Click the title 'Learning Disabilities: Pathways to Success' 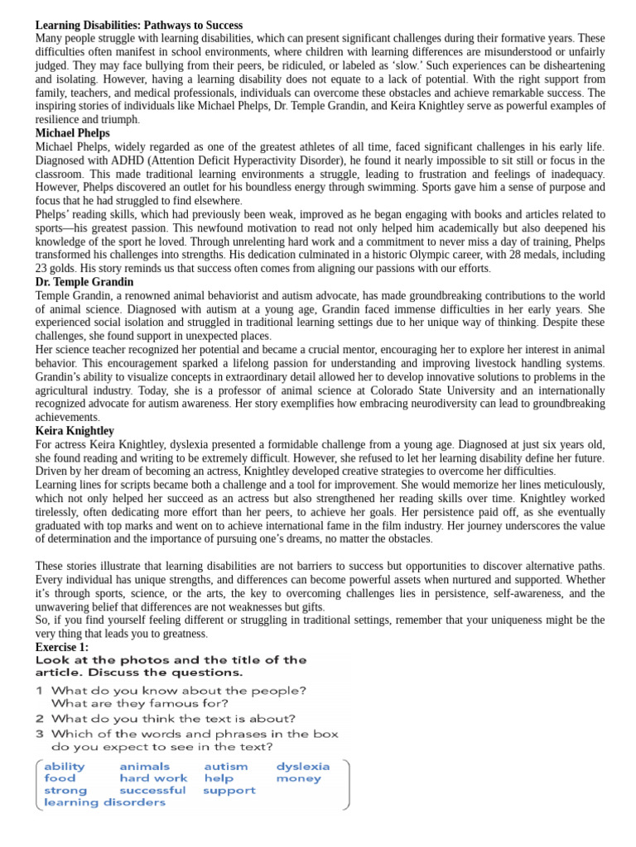tap(139, 26)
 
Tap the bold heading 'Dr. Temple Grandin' tap(84, 282)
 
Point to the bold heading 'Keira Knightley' tap(75, 431)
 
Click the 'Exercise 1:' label tap(62, 647)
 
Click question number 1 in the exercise tap(39, 691)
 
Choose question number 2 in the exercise tap(39, 719)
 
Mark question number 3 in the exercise tap(39, 733)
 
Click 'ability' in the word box tap(64, 767)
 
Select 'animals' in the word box tap(144, 767)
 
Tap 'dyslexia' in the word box tap(302, 767)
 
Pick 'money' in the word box tap(298, 778)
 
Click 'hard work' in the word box tap(153, 778)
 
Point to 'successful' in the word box tap(152, 791)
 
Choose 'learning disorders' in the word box tap(104, 802)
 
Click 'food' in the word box tap(59, 778)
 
